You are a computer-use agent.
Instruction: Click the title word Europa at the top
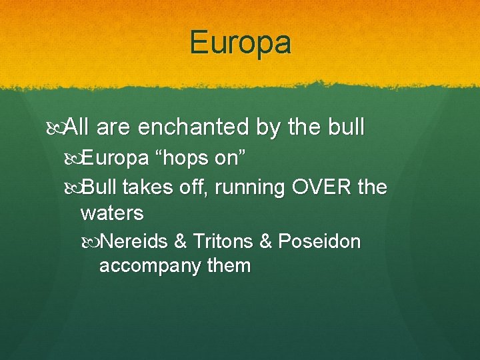[240, 43]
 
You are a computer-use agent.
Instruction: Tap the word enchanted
[189, 127]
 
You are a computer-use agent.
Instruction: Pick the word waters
[111, 213]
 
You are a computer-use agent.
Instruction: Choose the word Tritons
[222, 241]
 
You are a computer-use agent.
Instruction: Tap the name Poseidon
[319, 241]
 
